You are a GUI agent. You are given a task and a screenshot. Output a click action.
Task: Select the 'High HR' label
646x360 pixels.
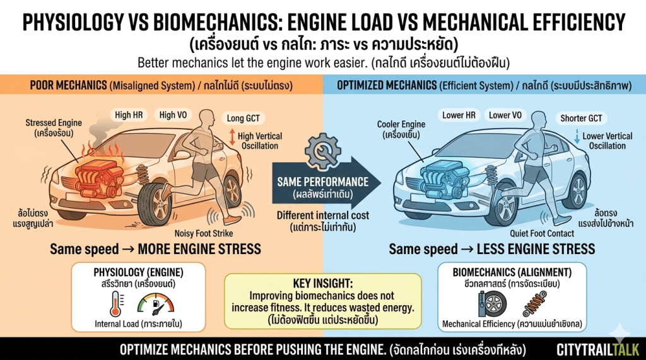[129, 115]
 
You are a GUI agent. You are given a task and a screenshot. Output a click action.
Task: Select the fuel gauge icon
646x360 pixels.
[155, 306]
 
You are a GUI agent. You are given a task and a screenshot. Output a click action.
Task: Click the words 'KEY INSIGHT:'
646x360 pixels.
[322, 282]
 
